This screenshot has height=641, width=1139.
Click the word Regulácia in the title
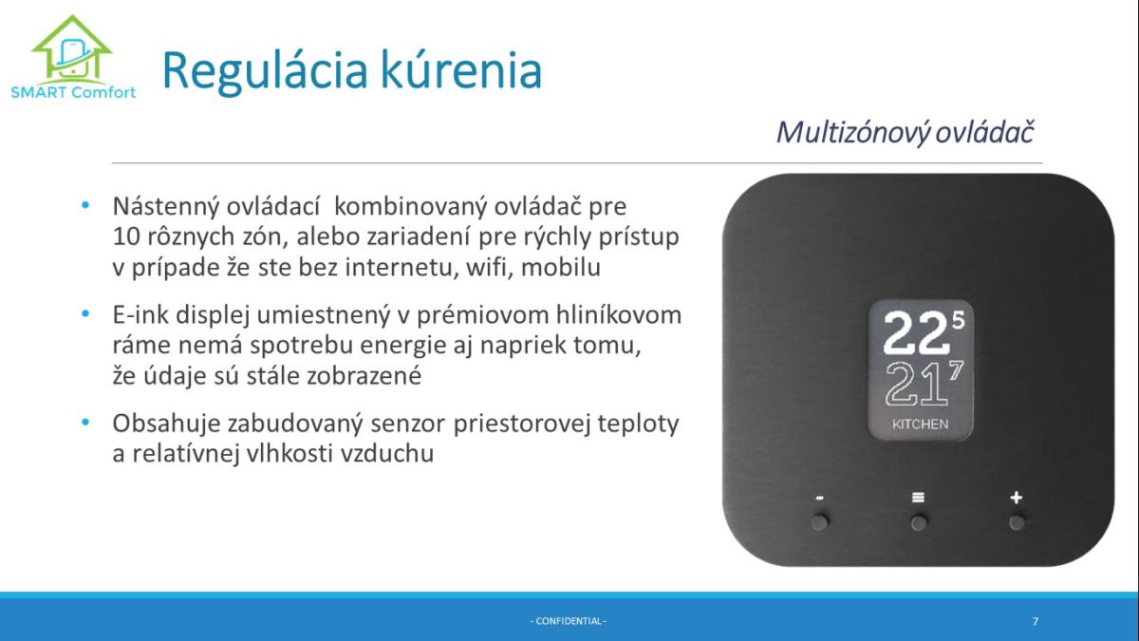[265, 72]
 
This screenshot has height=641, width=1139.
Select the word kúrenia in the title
[461, 70]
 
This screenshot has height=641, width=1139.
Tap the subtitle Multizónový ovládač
[906, 132]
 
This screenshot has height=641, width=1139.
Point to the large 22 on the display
[916, 333]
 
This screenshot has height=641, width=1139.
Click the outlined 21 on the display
[916, 384]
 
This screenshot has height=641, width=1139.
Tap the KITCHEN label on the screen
[920, 424]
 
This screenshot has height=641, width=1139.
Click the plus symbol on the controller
[1016, 497]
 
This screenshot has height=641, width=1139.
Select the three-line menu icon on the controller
[918, 497]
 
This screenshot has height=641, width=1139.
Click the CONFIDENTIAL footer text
[568, 621]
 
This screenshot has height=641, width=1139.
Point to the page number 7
[1036, 621]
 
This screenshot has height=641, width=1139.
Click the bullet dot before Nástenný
[85, 205]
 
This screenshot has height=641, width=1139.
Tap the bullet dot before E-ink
[85, 313]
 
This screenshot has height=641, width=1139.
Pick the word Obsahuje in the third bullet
[166, 424]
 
